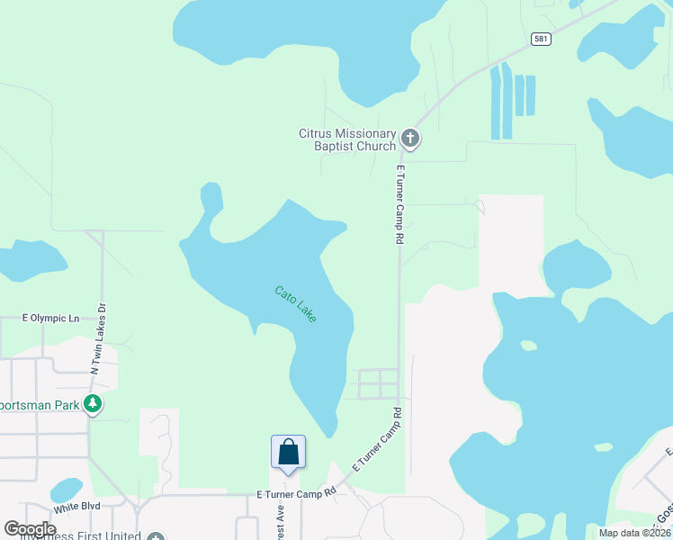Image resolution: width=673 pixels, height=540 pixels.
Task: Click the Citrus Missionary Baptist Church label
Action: pos(347,139)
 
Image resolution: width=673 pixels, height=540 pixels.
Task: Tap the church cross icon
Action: pos(410,139)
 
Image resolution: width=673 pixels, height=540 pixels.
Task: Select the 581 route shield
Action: pos(540,39)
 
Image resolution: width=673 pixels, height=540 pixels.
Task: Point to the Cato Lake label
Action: pos(295,304)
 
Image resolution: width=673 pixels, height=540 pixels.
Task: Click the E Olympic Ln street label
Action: pos(50,319)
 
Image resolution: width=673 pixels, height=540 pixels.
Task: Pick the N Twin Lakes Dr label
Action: pos(97,337)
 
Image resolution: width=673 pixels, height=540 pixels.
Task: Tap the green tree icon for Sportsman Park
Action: pos(92,404)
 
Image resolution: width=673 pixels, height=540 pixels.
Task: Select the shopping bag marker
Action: pos(288,452)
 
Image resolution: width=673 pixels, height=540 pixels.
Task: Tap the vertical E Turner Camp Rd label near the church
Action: pos(398,204)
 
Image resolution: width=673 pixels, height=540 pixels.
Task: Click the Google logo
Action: pos(30,529)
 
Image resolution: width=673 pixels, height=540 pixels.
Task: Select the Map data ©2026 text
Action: pos(633,533)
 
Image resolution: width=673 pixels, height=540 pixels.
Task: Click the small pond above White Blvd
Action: pos(66,490)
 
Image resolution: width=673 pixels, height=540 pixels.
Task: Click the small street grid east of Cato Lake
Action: pos(378,384)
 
